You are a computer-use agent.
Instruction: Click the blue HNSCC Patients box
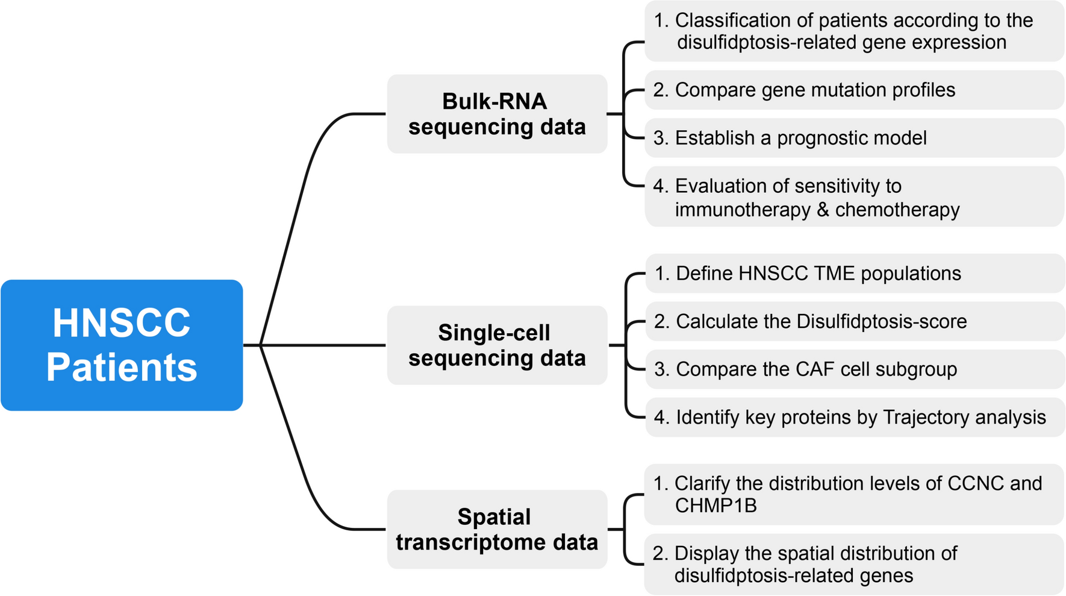(122, 345)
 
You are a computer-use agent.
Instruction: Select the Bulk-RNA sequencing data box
(497, 114)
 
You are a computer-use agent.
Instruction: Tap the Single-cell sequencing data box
(497, 345)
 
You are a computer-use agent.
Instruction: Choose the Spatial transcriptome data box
(497, 529)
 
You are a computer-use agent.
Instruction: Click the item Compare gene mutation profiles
(814, 90)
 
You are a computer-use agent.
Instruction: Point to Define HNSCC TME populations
(818, 274)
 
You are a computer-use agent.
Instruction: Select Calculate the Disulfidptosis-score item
(820, 321)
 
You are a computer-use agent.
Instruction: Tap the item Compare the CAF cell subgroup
(815, 369)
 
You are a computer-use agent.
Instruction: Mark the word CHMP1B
(715, 506)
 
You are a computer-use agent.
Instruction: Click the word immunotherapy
(742, 210)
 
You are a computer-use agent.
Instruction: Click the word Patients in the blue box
(122, 367)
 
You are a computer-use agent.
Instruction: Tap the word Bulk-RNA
(494, 101)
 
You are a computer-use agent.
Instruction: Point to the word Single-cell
(494, 333)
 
